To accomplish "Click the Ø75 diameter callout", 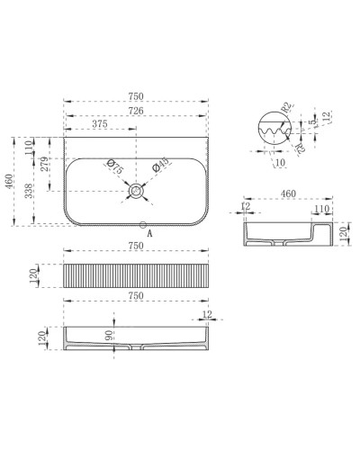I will (113, 166).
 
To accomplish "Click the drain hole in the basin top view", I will (137, 191).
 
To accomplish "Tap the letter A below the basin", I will (148, 232).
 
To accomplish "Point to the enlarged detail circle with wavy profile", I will (271, 130).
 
